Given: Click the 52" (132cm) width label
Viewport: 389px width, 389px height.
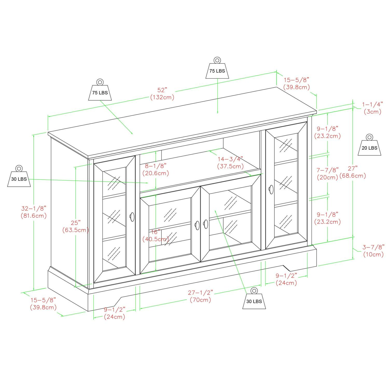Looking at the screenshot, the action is [162, 94].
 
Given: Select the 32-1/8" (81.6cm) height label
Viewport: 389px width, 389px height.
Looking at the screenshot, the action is [34, 212].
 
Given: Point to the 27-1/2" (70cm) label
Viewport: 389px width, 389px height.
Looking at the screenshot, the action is [200, 296].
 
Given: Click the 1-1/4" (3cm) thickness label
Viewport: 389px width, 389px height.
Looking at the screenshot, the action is [372, 108].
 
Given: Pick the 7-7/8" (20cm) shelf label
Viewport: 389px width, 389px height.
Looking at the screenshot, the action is [328, 173].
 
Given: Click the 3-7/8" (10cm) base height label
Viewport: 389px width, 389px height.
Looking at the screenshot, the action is [373, 251].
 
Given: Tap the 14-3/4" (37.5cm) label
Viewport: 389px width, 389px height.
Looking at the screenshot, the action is [230, 162].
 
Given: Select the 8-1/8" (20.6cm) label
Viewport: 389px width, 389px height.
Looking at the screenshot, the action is [156, 169].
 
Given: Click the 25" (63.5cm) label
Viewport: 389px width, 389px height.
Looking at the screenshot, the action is [75, 226].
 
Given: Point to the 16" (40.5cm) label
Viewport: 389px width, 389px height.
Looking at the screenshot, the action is [156, 235].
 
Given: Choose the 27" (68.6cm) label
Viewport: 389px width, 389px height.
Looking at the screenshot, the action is [353, 172].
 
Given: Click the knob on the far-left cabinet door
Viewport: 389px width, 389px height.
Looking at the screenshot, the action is [132, 217].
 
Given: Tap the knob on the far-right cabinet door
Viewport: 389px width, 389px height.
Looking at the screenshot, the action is [271, 189].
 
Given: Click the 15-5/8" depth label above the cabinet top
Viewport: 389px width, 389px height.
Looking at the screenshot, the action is [296, 84].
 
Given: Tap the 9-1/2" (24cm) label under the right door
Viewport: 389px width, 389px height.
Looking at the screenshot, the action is [286, 279].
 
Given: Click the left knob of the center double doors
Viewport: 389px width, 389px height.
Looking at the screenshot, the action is [197, 225].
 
